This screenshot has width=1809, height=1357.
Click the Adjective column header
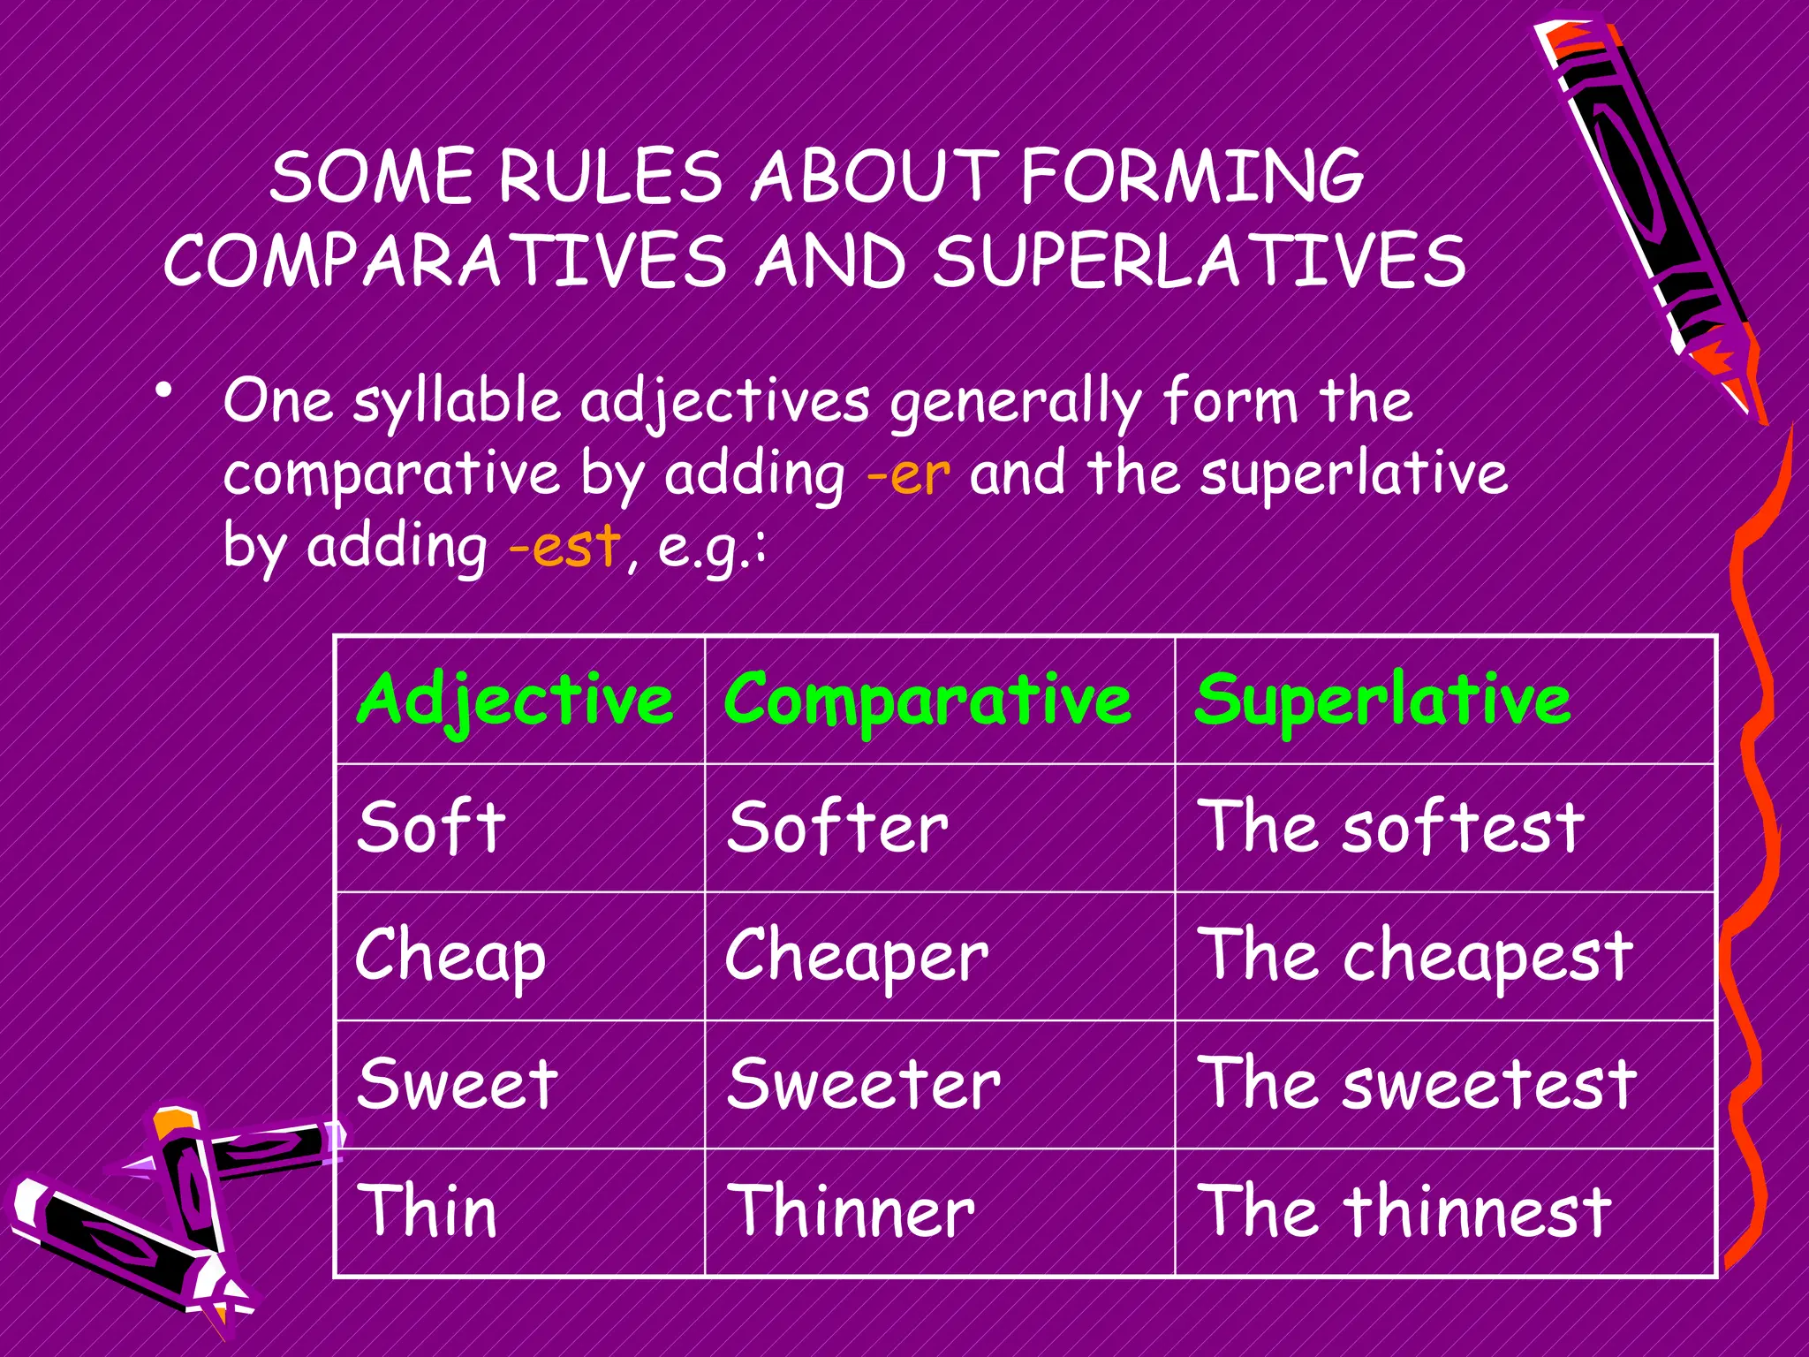pos(517,700)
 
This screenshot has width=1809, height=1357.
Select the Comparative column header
pos(927,700)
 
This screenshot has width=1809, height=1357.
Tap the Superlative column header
pos(1382,700)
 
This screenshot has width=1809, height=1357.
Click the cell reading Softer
pos(837,828)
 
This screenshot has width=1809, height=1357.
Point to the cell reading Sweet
pos(458,1084)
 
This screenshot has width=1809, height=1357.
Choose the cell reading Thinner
pos(851,1212)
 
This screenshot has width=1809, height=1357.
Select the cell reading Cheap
pos(451,957)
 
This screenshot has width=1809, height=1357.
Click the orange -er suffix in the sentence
pos(908,474)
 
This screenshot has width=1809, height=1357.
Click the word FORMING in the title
pos(1192,177)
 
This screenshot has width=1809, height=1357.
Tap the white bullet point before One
pos(163,390)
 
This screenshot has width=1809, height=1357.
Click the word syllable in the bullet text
pos(457,403)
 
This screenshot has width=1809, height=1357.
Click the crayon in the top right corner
pos(1643,203)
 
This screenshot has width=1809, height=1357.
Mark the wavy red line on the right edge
pos(1753,795)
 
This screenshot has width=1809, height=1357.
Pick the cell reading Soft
pos(431,828)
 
